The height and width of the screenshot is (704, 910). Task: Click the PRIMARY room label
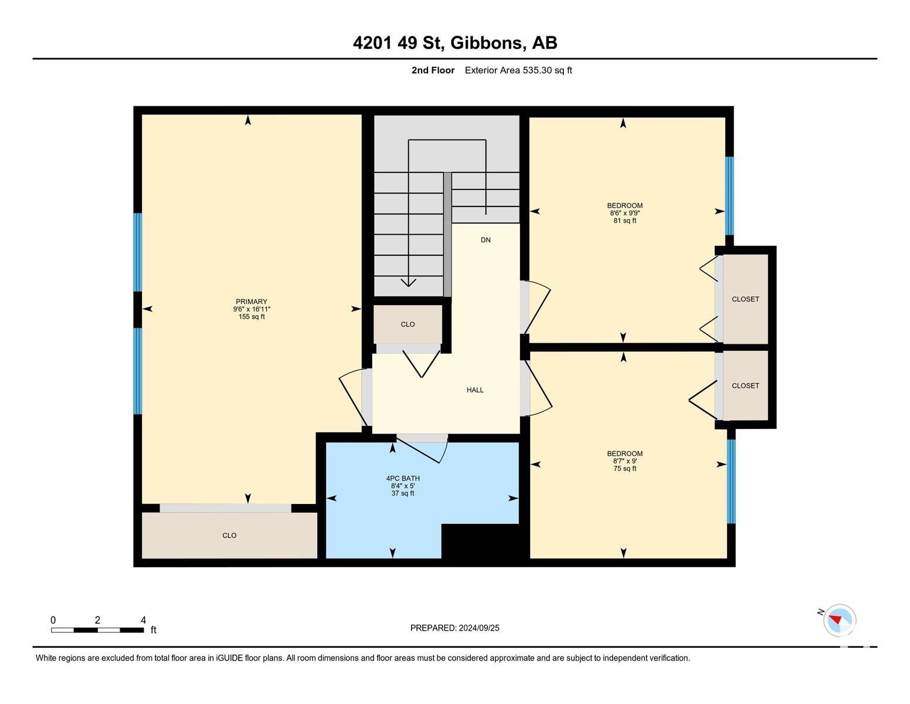click(252, 302)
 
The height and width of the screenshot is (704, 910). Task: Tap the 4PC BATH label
click(403, 478)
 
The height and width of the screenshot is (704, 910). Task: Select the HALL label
click(475, 390)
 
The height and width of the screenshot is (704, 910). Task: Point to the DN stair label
click(485, 240)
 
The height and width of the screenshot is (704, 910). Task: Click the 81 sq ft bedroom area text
click(625, 221)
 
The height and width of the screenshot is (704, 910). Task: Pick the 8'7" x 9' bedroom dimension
click(625, 461)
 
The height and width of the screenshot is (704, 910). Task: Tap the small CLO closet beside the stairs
click(408, 324)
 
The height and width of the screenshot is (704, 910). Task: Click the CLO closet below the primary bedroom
click(229, 535)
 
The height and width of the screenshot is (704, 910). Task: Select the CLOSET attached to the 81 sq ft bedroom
click(745, 299)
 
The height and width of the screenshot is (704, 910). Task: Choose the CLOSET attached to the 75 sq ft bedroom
click(745, 385)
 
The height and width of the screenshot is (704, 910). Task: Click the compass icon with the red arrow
click(839, 621)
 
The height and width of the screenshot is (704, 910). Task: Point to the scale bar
click(97, 630)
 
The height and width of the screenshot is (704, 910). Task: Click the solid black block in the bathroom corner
click(481, 541)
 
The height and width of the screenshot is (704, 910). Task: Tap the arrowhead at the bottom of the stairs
click(408, 283)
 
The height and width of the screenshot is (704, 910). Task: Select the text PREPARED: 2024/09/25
click(454, 628)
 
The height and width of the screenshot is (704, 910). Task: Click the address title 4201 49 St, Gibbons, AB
click(455, 43)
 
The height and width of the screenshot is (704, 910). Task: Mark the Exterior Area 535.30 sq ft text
click(518, 70)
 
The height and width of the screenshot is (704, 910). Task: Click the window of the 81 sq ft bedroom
click(729, 195)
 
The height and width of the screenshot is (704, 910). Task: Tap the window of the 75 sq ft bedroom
click(731, 481)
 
